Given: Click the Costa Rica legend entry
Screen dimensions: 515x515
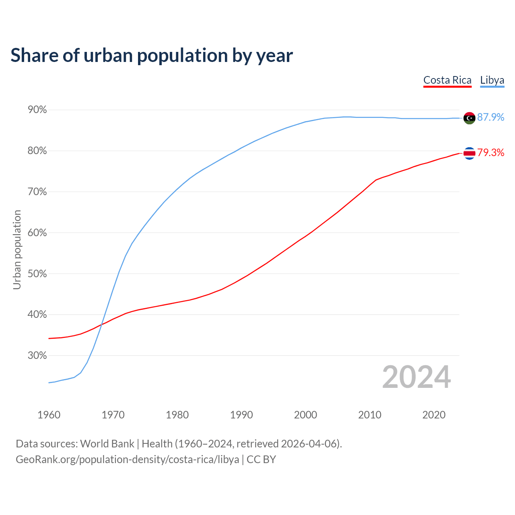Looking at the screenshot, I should [447, 80].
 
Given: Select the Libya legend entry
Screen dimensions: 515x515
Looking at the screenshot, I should [492, 80].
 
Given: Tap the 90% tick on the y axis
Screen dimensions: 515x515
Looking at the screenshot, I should [37, 110].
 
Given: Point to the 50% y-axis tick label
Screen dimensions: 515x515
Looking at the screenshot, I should [37, 274].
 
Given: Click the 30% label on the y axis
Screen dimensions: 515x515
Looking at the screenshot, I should [37, 356].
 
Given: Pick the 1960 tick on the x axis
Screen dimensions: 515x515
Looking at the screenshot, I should [49, 415].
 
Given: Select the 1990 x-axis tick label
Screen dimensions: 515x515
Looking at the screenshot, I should [241, 415].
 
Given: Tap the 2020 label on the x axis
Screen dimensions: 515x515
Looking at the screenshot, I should [434, 415].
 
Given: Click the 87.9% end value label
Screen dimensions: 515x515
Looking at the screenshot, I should [490, 117].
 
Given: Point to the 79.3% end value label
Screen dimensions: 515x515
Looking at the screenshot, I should [490, 152].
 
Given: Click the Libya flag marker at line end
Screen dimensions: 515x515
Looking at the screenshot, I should [469, 118].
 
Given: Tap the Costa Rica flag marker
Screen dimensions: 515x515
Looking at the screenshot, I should [469, 153].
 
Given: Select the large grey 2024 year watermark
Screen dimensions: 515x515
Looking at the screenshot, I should [416, 377].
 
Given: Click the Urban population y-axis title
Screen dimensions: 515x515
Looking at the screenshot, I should [17, 249].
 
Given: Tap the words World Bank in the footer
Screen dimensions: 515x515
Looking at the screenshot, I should [107, 444].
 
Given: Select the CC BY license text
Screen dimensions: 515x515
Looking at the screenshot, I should [261, 459].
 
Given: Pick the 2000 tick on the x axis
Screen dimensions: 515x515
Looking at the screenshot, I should [305, 415].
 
